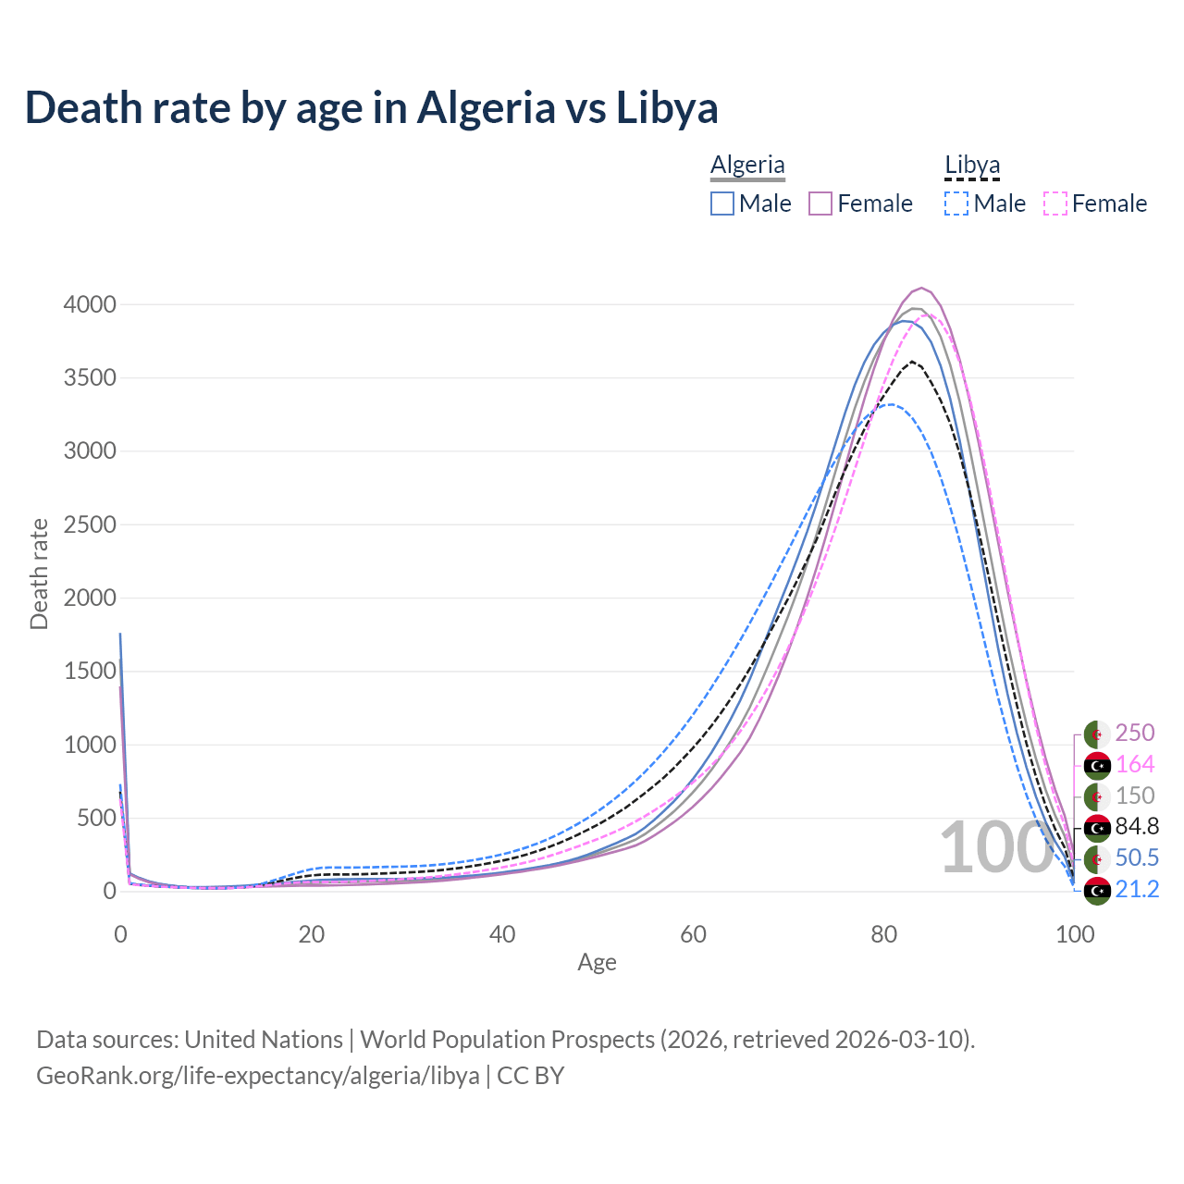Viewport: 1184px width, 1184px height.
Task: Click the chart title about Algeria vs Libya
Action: click(x=371, y=107)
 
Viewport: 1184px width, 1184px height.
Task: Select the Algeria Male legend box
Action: click(x=722, y=203)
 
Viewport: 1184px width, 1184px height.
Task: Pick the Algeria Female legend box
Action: click(x=821, y=203)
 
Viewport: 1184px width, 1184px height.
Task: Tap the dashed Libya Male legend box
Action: click(x=956, y=203)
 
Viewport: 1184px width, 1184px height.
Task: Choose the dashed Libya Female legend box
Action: click(x=1055, y=203)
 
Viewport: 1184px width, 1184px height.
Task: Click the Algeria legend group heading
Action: click(x=747, y=165)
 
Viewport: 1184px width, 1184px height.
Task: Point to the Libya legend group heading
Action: click(x=972, y=165)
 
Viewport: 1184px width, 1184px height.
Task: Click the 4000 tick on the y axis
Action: click(x=90, y=304)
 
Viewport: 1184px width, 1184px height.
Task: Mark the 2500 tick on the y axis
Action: click(x=90, y=524)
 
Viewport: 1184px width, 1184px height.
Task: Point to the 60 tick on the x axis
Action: click(x=693, y=934)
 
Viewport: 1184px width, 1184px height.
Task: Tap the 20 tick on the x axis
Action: click(x=312, y=934)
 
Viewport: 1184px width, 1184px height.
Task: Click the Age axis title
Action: click(x=597, y=962)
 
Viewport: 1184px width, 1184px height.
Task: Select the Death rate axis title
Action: click(x=39, y=573)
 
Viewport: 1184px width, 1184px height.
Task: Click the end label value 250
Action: click(x=1135, y=733)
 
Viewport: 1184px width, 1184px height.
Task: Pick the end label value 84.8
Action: click(x=1137, y=826)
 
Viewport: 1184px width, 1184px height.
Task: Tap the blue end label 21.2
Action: click(x=1137, y=889)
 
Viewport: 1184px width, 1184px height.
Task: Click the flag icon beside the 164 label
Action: click(x=1097, y=765)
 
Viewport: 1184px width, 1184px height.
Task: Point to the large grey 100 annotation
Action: click(x=996, y=847)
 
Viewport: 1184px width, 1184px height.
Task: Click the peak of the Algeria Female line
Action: click(x=921, y=289)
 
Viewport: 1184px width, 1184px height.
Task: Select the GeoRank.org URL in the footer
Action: click(x=258, y=1076)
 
